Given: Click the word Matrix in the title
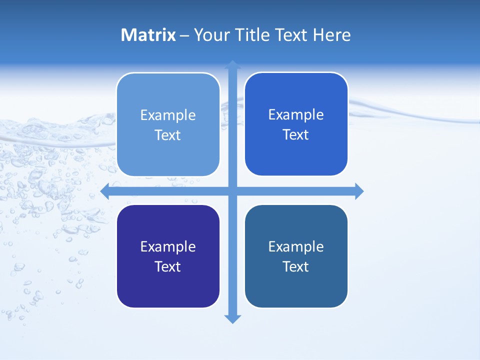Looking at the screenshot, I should (148, 35).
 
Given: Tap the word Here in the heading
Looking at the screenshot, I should (331, 35).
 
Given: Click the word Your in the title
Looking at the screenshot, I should (212, 35).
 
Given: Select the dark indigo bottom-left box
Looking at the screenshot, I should (168, 287).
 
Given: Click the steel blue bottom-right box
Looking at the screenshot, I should (296, 287).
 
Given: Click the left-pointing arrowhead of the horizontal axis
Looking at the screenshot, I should (105, 191).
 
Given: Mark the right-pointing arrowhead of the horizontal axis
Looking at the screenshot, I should (359, 191).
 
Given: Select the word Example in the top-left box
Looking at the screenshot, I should (168, 115).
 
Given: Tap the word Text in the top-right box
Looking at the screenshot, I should (296, 135).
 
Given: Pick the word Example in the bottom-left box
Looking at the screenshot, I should (168, 247).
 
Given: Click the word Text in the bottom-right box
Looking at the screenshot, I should (296, 267).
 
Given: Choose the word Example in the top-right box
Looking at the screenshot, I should (296, 115).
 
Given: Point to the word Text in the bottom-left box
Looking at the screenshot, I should (168, 267).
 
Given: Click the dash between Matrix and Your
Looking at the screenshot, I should (184, 36).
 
